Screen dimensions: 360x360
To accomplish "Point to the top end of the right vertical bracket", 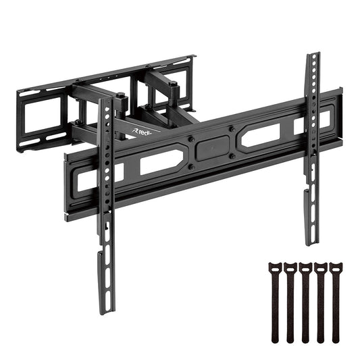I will coord(312,57).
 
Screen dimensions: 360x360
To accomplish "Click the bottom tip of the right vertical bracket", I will coord(308,242).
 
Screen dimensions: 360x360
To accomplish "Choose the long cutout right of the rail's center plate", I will coord(261,134).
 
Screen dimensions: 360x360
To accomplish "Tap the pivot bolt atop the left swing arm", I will coord(121,97).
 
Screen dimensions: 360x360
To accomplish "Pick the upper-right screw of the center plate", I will coord(232,127).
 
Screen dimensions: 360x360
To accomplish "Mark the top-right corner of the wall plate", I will coord(193,57).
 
